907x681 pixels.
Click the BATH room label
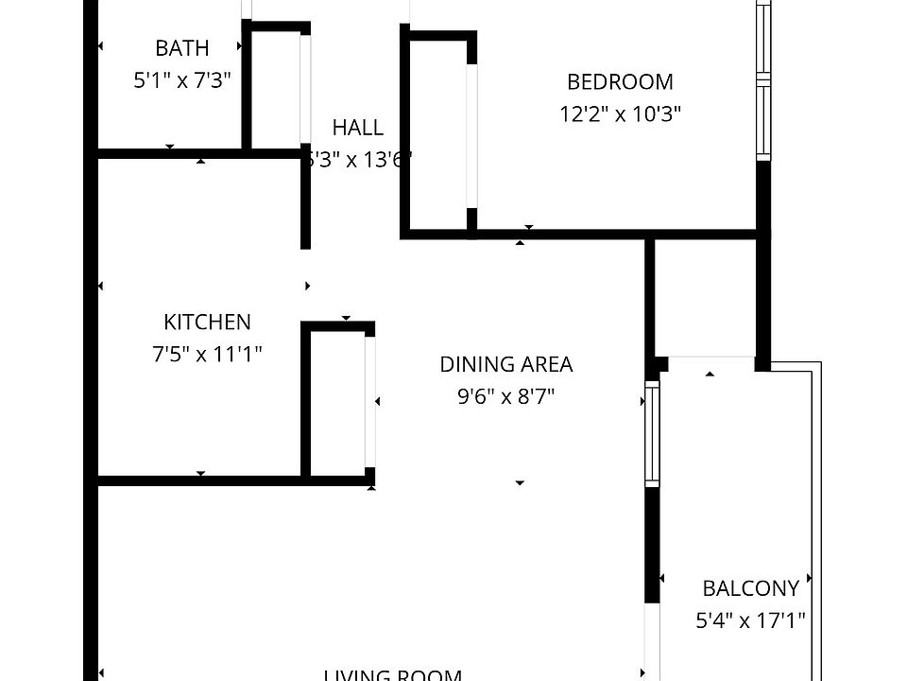click(181, 48)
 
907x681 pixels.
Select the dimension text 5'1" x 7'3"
click(181, 80)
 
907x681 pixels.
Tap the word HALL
click(358, 128)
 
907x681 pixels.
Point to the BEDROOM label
click(620, 82)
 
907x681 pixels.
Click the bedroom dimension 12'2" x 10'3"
click(620, 114)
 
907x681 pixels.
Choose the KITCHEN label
click(207, 323)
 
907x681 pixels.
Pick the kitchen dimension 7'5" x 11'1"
click(207, 355)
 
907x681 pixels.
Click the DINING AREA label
click(506, 364)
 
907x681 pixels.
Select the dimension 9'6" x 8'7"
click(506, 396)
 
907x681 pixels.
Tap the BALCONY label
click(750, 588)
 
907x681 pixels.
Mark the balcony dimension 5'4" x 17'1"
click(750, 621)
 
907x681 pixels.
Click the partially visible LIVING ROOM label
click(392, 674)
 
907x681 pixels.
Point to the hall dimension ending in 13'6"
click(358, 160)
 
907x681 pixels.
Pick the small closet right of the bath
click(276, 90)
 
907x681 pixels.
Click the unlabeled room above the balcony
click(705, 298)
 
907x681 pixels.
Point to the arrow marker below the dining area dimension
click(520, 483)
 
